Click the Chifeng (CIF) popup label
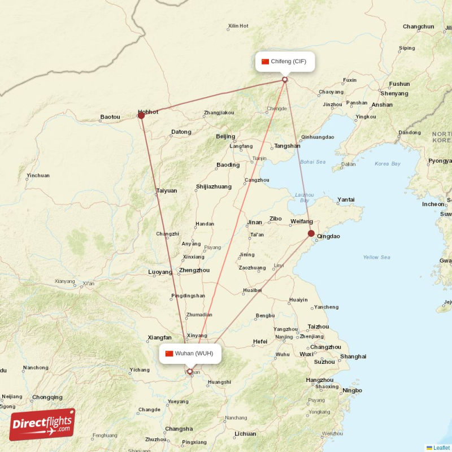click(285, 61)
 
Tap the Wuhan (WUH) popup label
click(190, 354)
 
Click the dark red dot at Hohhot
click(141, 115)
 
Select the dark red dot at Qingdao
click(311, 233)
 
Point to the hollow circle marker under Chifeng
click(285, 80)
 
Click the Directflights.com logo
click(42, 424)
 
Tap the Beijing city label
click(225, 137)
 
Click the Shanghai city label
click(353, 357)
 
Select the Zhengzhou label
click(194, 271)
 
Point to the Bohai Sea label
click(313, 162)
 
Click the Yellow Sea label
click(376, 258)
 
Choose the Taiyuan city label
click(167, 191)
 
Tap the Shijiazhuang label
click(214, 186)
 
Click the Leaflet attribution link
click(441, 447)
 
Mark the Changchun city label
click(419, 27)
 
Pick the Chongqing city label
click(47, 397)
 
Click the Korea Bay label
click(387, 164)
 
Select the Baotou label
click(110, 117)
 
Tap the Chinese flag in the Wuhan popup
click(169, 354)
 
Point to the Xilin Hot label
click(238, 26)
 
